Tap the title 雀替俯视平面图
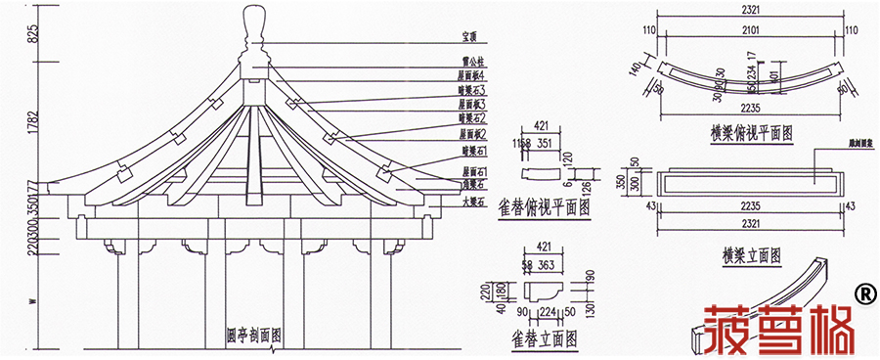click(544, 207)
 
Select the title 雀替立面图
click(543, 338)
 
